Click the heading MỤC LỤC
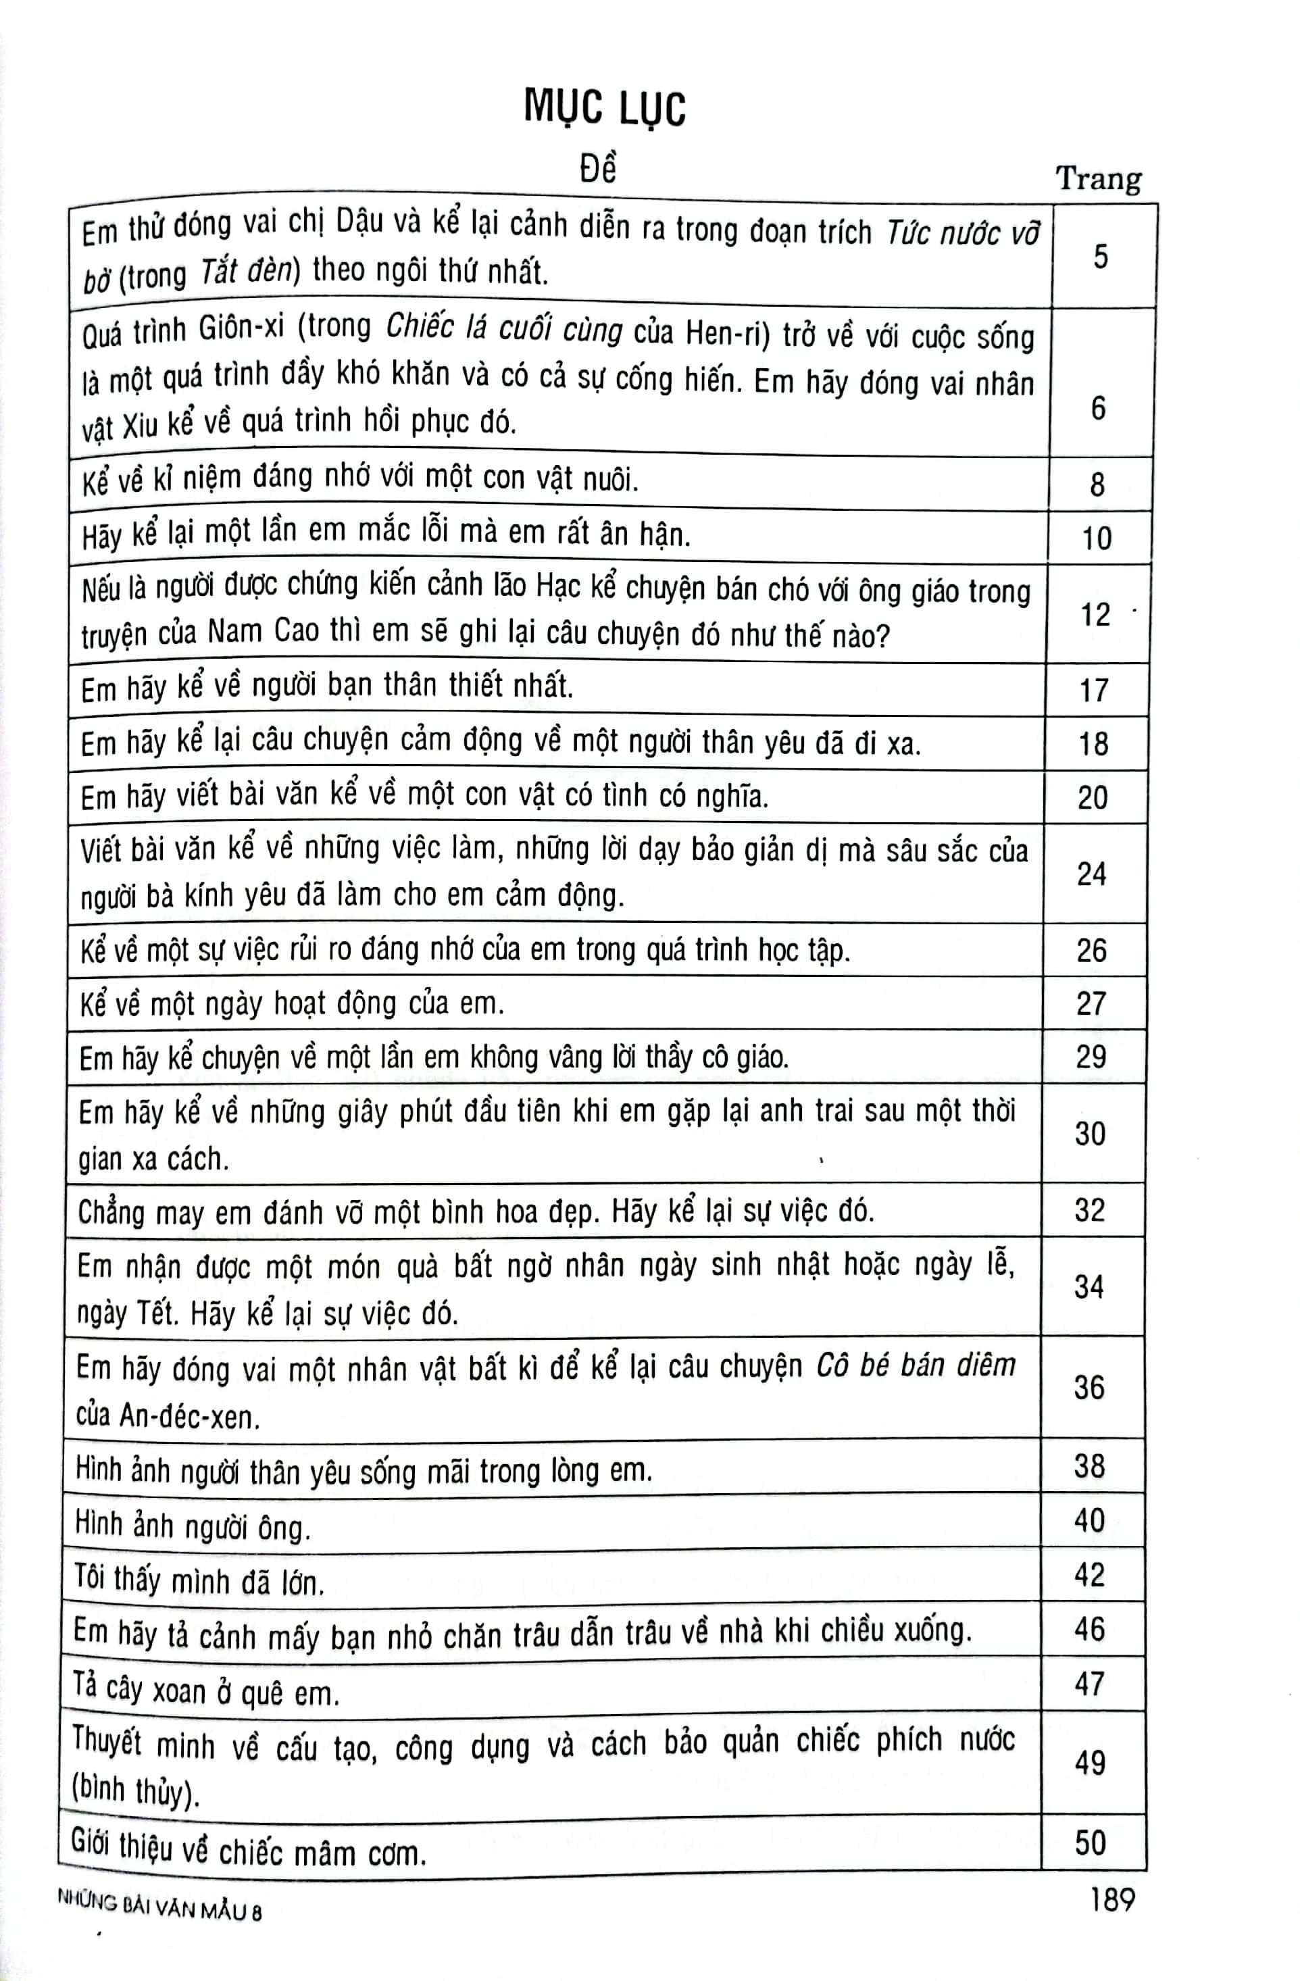pyautogui.click(x=605, y=109)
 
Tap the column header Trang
pyautogui.click(x=1099, y=179)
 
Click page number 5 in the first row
pyautogui.click(x=1100, y=256)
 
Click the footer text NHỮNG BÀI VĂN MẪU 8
pyautogui.click(x=159, y=1905)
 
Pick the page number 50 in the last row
pyautogui.click(x=1091, y=1842)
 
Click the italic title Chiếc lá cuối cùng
pyautogui.click(x=504, y=330)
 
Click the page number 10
pyautogui.click(x=1096, y=538)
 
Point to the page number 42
pyautogui.click(x=1089, y=1574)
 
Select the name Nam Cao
pyautogui.click(x=263, y=631)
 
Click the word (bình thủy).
pyautogui.click(x=136, y=1790)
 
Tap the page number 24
pyautogui.click(x=1091, y=873)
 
